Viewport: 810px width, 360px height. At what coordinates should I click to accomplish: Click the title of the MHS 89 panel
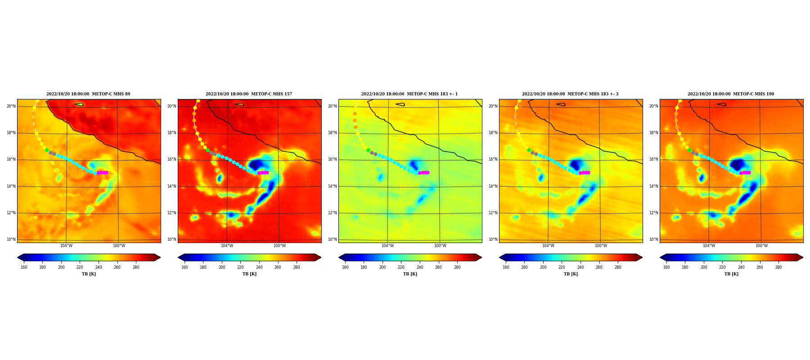88,94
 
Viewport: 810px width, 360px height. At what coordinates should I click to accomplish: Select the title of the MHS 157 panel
249,94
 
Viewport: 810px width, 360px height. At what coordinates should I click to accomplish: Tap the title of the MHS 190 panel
731,94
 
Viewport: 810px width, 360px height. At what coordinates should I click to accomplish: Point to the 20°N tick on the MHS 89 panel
11,106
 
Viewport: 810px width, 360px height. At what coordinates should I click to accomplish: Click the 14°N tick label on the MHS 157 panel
172,186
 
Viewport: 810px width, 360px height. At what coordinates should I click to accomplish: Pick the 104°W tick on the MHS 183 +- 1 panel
387,246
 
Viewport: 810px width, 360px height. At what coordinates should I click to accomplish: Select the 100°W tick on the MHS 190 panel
761,246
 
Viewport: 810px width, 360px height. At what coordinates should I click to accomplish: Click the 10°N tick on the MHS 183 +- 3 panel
493,239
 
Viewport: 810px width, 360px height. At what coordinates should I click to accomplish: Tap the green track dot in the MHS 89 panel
47,150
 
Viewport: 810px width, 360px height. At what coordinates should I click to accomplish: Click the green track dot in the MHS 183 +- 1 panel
368,150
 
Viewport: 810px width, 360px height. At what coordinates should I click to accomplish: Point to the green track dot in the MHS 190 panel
689,150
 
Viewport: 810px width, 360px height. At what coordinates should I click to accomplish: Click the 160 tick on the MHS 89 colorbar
24,267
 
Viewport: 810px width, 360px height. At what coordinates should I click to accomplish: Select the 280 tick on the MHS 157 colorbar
297,267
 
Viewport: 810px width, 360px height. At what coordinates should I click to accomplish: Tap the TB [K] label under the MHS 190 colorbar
731,274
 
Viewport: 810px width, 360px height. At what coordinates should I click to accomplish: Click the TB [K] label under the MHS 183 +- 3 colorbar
571,274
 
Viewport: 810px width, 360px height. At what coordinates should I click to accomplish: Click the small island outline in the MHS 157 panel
239,104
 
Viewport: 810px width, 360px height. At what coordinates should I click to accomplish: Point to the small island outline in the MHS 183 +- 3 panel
561,104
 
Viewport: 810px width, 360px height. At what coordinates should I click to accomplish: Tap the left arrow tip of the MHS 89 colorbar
18,257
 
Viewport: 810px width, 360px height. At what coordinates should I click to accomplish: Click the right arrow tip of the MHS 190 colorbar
803,257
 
